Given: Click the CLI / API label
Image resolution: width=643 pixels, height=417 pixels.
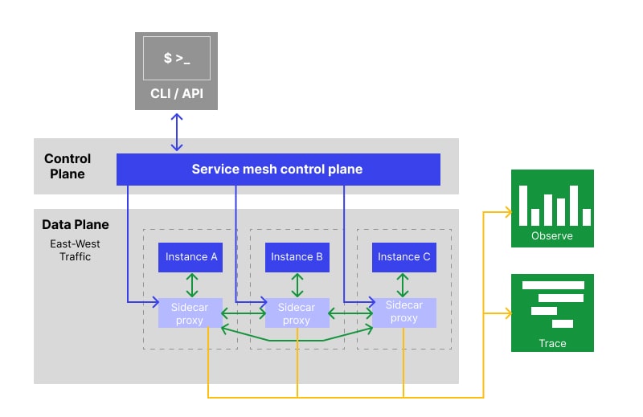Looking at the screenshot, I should [x=177, y=94].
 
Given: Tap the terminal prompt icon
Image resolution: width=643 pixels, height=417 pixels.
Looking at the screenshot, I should [x=177, y=59].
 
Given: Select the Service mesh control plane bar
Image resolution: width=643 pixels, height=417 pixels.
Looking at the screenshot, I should [x=278, y=170].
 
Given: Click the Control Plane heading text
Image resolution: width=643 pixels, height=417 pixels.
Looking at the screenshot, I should [x=68, y=166].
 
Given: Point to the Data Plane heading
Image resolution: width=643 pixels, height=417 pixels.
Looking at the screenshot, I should [x=76, y=225].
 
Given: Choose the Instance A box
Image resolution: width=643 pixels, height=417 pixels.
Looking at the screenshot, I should [x=191, y=257].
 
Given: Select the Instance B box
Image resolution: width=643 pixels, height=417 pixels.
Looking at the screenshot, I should [x=297, y=257].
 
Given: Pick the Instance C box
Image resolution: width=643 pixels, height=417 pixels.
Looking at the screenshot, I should [x=403, y=257].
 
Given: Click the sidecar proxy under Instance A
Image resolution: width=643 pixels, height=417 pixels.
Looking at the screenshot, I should [x=190, y=313].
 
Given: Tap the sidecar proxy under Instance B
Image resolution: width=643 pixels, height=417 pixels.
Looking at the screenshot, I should [x=297, y=313].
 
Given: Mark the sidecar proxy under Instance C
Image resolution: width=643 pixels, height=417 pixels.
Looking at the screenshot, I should [x=403, y=312].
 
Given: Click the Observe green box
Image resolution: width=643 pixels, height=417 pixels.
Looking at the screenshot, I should [x=552, y=208].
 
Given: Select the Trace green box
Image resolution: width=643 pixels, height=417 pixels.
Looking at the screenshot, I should [x=552, y=313].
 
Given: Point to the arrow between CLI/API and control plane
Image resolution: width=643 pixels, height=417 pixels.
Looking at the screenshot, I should [x=177, y=132].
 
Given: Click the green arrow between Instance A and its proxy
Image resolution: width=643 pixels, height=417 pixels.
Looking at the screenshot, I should [x=191, y=285].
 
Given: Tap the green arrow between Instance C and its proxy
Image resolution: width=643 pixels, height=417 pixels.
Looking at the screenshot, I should [x=403, y=285].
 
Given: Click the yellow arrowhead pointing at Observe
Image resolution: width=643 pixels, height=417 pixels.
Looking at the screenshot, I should [x=507, y=212].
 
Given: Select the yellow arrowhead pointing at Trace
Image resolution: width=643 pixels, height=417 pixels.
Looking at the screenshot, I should [x=507, y=313].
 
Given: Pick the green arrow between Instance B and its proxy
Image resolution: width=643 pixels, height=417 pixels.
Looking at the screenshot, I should [x=297, y=285].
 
